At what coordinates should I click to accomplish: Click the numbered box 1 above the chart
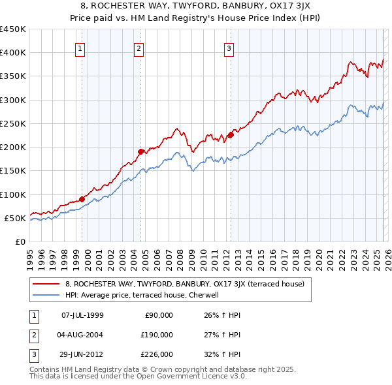tap(80, 48)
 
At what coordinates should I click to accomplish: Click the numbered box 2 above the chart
tap(139, 48)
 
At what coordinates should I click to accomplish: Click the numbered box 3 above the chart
tap(229, 48)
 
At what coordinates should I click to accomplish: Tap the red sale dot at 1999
tap(82, 199)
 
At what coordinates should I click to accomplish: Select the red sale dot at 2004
tap(140, 151)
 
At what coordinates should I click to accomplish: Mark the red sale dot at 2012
tap(231, 135)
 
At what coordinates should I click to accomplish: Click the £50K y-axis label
tap(15, 218)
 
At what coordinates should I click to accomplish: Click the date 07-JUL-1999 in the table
tap(82, 315)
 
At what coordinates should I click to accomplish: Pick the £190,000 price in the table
tap(156, 335)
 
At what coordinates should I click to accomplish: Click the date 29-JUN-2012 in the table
tap(82, 354)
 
